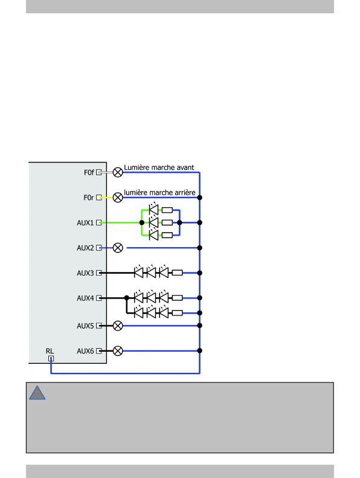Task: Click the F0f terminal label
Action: click(x=89, y=173)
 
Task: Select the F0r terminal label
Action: click(x=88, y=198)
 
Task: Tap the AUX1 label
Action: click(x=85, y=223)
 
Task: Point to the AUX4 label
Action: click(x=85, y=298)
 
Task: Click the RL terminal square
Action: click(x=51, y=358)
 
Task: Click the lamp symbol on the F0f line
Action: click(x=118, y=173)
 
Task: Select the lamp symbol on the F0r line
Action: click(x=118, y=198)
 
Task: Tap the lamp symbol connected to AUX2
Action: click(x=118, y=248)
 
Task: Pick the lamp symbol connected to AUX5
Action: click(x=118, y=326)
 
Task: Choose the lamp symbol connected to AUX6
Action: click(x=118, y=351)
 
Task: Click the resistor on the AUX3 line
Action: click(x=177, y=273)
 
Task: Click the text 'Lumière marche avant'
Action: click(x=159, y=167)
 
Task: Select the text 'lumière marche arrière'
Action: click(x=159, y=193)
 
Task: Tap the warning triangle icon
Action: click(x=37, y=393)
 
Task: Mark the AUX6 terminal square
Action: click(x=99, y=351)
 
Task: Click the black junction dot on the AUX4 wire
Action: click(x=127, y=298)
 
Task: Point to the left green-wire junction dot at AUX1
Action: click(x=142, y=222)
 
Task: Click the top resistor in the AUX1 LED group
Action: click(x=167, y=210)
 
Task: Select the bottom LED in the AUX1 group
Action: click(x=153, y=235)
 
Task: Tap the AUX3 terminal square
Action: click(x=99, y=273)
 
